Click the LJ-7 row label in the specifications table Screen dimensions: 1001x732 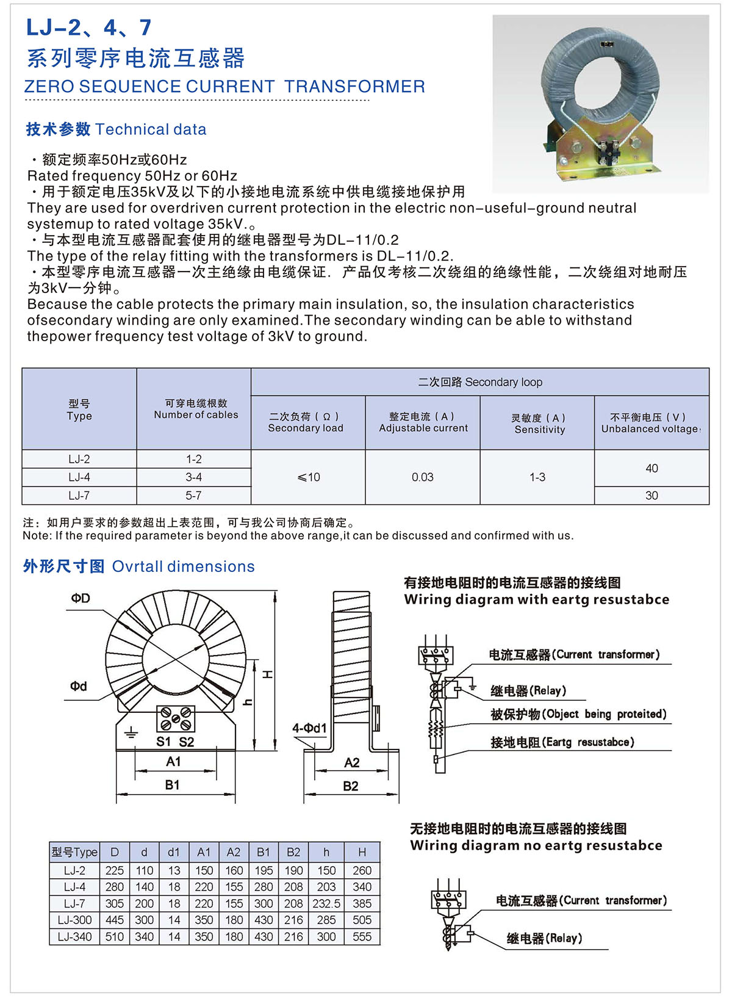point(79,496)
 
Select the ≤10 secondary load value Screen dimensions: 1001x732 point(309,477)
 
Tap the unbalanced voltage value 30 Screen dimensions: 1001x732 point(651,496)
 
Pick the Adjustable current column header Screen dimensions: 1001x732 point(423,422)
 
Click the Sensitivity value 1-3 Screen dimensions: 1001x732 point(537,477)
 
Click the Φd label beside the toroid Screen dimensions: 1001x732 point(79,686)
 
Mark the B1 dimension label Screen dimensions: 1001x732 point(173,785)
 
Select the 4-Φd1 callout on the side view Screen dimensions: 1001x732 point(309,728)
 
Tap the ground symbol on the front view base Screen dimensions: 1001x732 point(131,732)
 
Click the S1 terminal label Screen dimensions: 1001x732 point(163,742)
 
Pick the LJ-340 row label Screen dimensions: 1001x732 point(74,937)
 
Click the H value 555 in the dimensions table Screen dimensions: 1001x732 point(362,937)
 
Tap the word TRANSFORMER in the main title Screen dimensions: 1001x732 point(354,87)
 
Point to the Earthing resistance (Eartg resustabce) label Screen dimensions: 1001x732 point(562,742)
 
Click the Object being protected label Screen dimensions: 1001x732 point(578,714)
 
